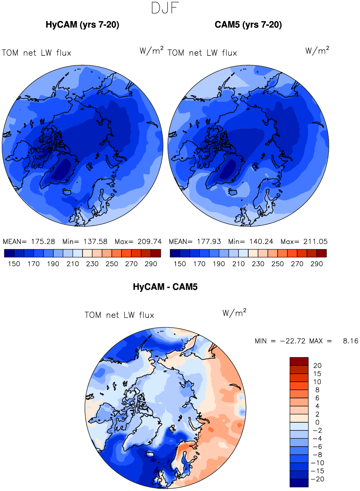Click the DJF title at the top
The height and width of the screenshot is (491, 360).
[x=165, y=8]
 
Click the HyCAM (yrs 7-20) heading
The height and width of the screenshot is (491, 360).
[x=82, y=25]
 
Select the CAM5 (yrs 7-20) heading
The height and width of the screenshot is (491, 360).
[x=248, y=25]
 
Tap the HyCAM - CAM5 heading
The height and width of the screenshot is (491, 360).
[x=165, y=287]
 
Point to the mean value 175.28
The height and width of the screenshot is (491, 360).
[x=43, y=241]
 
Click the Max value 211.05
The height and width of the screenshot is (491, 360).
[x=315, y=241]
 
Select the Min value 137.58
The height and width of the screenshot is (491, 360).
[x=95, y=241]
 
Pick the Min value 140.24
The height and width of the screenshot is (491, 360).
[x=261, y=241]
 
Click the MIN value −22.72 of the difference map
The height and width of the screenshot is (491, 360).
[x=293, y=341]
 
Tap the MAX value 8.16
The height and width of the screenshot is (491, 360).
[x=351, y=341]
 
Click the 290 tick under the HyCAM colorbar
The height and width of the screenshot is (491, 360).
[x=151, y=264]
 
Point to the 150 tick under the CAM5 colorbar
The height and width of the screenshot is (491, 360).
[x=180, y=264]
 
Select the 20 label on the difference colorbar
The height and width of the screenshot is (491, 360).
[x=317, y=365]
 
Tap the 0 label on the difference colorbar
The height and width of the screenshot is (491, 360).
[x=317, y=422]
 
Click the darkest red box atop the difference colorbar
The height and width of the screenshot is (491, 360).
[x=299, y=361]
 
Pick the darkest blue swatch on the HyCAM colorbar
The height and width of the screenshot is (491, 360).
[x=9, y=253]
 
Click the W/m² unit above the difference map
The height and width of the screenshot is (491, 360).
[x=234, y=312]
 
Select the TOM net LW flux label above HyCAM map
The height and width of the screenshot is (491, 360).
[x=36, y=53]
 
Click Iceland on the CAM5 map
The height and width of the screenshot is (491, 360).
[x=233, y=192]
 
